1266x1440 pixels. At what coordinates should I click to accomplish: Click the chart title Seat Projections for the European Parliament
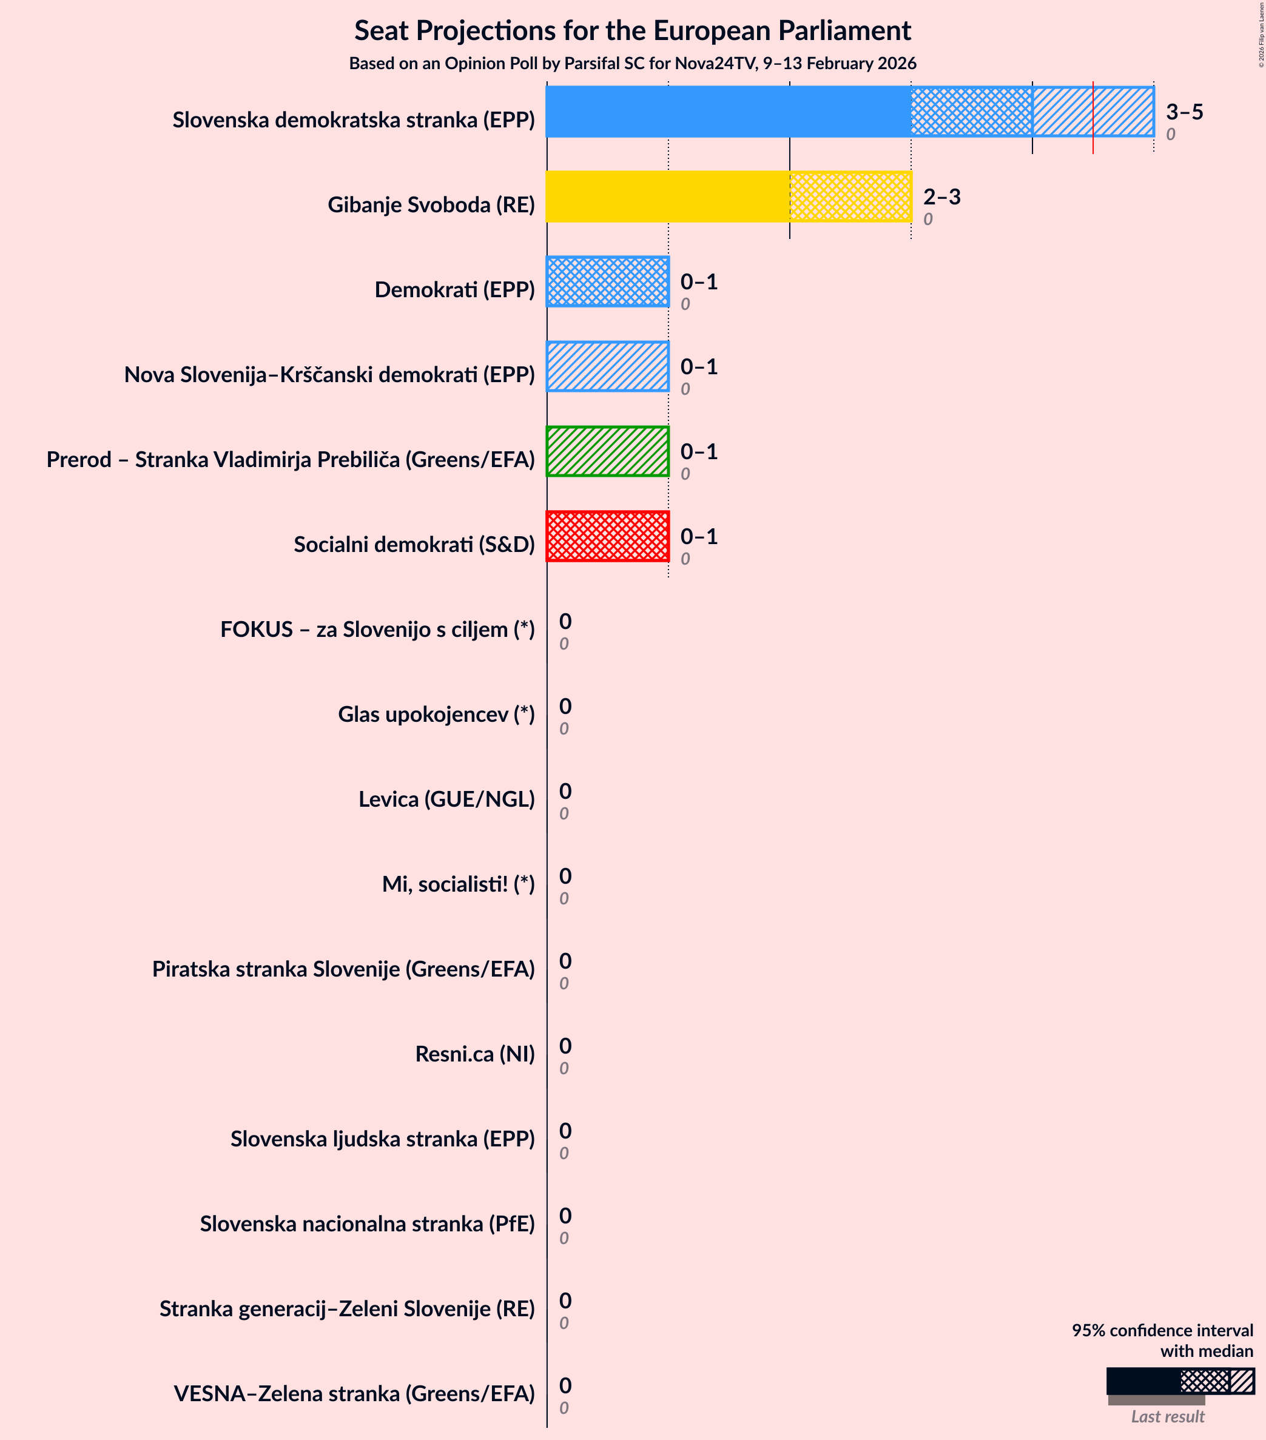(632, 31)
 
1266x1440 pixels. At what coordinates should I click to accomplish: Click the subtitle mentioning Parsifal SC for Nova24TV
(632, 64)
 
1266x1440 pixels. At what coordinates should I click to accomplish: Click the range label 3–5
(1184, 112)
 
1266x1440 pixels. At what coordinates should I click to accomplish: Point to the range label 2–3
(941, 197)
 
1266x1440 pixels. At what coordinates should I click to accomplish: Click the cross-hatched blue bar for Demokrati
(607, 282)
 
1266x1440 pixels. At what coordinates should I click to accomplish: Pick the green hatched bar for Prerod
(607, 451)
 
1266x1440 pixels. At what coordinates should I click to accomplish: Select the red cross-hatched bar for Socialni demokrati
(607, 536)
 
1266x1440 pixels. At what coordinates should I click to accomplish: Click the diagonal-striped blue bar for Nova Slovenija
(607, 366)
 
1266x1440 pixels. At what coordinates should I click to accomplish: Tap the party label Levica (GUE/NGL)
(446, 799)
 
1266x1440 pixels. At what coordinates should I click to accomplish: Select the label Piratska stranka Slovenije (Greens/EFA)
(343, 969)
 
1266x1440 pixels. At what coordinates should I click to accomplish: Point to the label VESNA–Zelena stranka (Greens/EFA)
(354, 1393)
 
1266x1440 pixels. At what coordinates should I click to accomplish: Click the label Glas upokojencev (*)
(436, 714)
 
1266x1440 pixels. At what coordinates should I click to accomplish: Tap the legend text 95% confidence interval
(1162, 1330)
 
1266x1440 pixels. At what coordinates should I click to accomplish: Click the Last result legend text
(1167, 1417)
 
